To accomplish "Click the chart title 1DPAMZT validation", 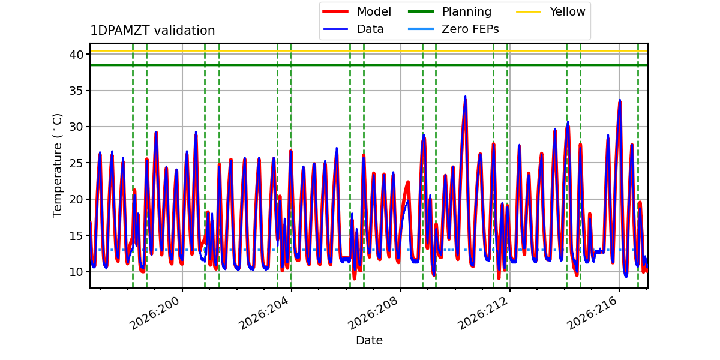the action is point(152,31).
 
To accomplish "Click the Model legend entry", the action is point(357,11).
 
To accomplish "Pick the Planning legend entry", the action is point(449,11).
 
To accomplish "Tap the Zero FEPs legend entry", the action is point(453,29).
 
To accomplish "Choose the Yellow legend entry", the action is point(551,11).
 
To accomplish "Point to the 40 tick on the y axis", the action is point(76,55).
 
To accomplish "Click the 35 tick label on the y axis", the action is point(76,91).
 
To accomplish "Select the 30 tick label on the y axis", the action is point(76,127).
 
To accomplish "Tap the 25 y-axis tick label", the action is point(76,163).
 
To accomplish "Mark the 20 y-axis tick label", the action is point(76,199).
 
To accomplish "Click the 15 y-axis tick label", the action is point(76,236).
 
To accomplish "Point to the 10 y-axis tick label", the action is point(76,272).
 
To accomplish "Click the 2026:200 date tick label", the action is point(154,313).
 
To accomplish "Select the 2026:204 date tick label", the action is point(263,313).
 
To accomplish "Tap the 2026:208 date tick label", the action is point(373,313).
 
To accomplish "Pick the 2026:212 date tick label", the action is point(482,313).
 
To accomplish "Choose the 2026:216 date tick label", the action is point(592,313).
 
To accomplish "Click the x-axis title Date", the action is point(369,340).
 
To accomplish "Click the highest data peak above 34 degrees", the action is point(465,97).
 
